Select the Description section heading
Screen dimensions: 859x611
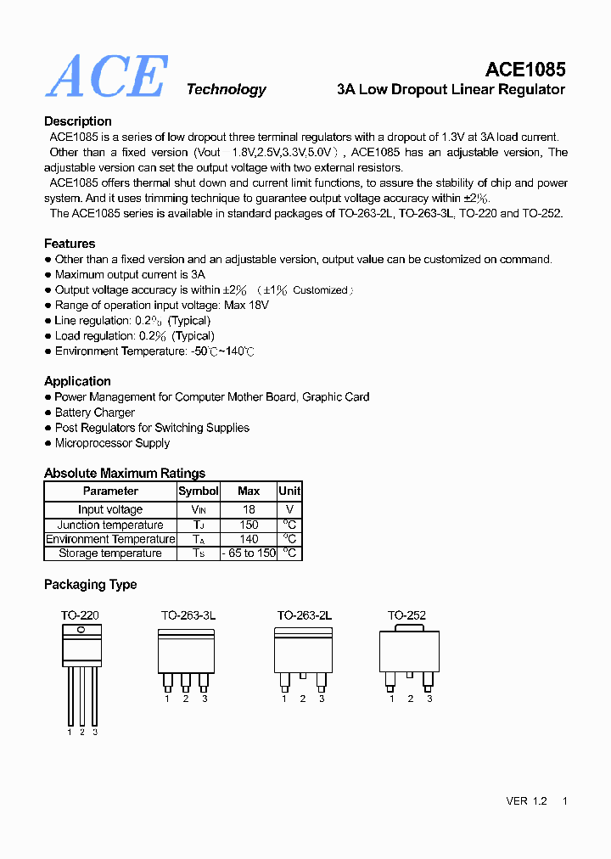pos(78,121)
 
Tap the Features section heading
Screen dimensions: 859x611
pos(70,244)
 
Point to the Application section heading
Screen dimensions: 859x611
pos(77,381)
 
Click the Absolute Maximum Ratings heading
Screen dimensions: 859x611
pos(125,473)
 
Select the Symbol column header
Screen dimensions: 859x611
pos(199,491)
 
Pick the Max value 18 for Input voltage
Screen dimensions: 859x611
pos(249,509)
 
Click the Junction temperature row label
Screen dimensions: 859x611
pos(110,525)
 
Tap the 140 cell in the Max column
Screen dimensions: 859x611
pos(249,539)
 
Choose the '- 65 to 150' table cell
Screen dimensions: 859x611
pos(249,553)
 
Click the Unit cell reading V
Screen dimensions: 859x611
pos(289,509)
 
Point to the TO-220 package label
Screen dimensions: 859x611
pos(80,615)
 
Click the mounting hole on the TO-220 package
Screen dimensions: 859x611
pos(81,630)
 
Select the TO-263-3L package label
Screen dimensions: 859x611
pos(188,615)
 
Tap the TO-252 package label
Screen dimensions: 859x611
pos(407,615)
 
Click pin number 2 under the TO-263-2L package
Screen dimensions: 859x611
pos(303,699)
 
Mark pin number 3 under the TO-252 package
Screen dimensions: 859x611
pos(429,699)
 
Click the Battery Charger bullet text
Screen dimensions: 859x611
pos(95,413)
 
